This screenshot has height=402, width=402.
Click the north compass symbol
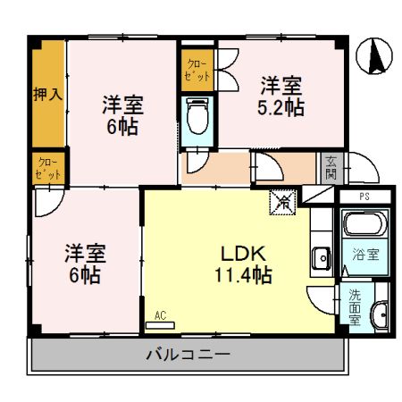[x=373, y=57]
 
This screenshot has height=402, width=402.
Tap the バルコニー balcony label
[x=188, y=355]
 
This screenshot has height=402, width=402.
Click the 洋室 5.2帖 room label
[x=281, y=96]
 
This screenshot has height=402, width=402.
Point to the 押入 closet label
[x=47, y=93]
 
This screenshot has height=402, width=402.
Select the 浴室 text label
[x=365, y=255]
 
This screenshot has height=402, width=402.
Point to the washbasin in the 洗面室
[x=379, y=314]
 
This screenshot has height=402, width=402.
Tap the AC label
[x=161, y=315]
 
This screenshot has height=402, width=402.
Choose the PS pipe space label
[x=364, y=196]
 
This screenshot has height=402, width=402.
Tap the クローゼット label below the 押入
[x=48, y=168]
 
